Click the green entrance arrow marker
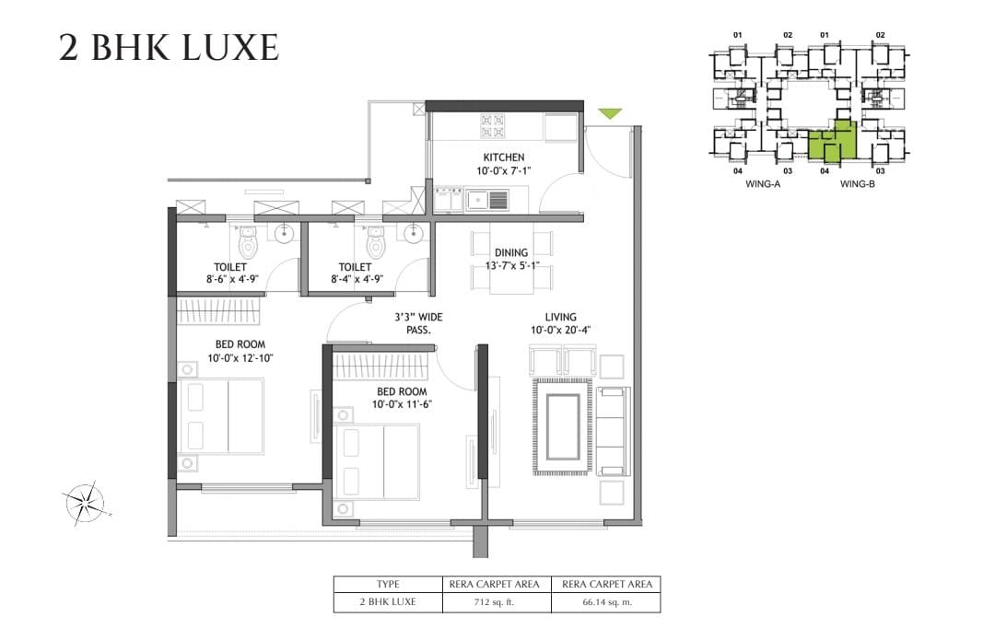click(x=610, y=113)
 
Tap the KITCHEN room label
click(x=504, y=157)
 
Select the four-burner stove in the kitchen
click(x=492, y=125)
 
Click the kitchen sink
click(x=487, y=201)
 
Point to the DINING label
click(x=511, y=252)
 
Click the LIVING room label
click(x=561, y=317)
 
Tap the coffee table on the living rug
click(x=563, y=426)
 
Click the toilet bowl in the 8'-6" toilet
click(x=248, y=243)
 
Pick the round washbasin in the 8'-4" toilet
click(x=413, y=234)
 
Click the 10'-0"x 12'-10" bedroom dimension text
click(x=240, y=358)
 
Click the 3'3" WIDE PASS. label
click(x=419, y=323)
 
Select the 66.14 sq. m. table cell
click(x=606, y=601)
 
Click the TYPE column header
click(x=388, y=584)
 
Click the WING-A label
click(x=763, y=184)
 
